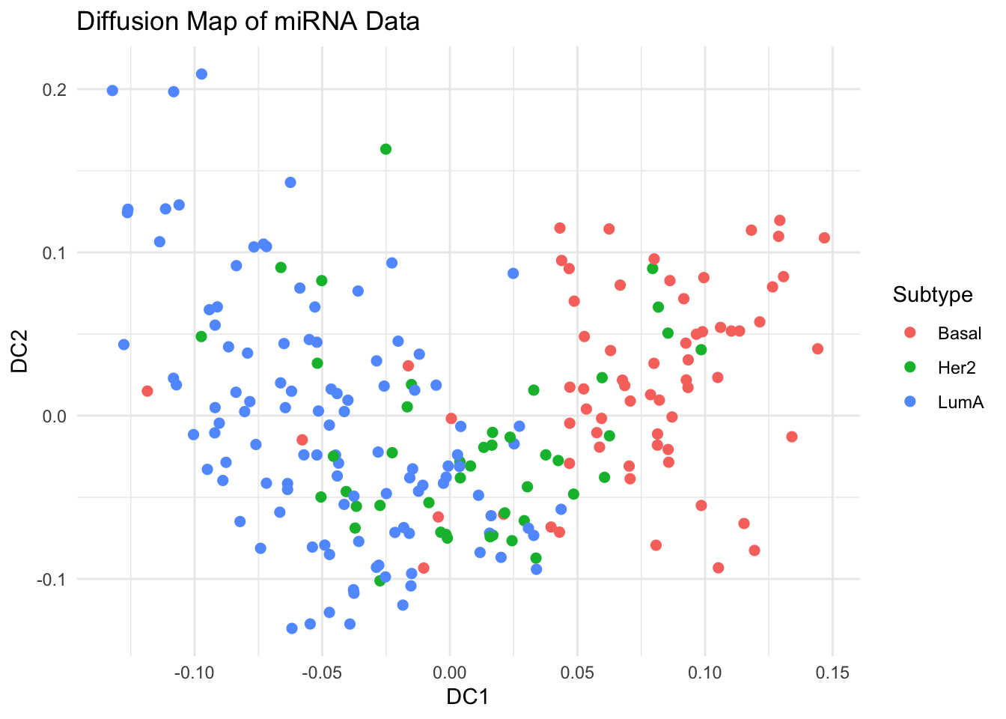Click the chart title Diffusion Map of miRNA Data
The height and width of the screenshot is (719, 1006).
(x=248, y=22)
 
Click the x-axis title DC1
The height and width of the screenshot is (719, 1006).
(x=467, y=697)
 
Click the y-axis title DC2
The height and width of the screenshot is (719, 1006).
(x=20, y=354)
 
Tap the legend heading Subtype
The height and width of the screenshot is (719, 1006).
(x=933, y=295)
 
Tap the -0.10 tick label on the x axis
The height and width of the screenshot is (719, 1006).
(x=194, y=673)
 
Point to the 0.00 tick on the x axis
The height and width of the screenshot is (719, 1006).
(x=450, y=673)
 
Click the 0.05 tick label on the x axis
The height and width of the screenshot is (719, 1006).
(x=577, y=673)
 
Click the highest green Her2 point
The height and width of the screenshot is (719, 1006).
(x=385, y=149)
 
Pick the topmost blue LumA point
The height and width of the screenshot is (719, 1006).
(x=201, y=74)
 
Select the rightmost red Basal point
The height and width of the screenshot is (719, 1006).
(x=824, y=238)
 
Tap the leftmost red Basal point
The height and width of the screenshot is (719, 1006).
(x=147, y=391)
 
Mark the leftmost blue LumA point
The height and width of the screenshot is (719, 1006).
(x=112, y=91)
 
